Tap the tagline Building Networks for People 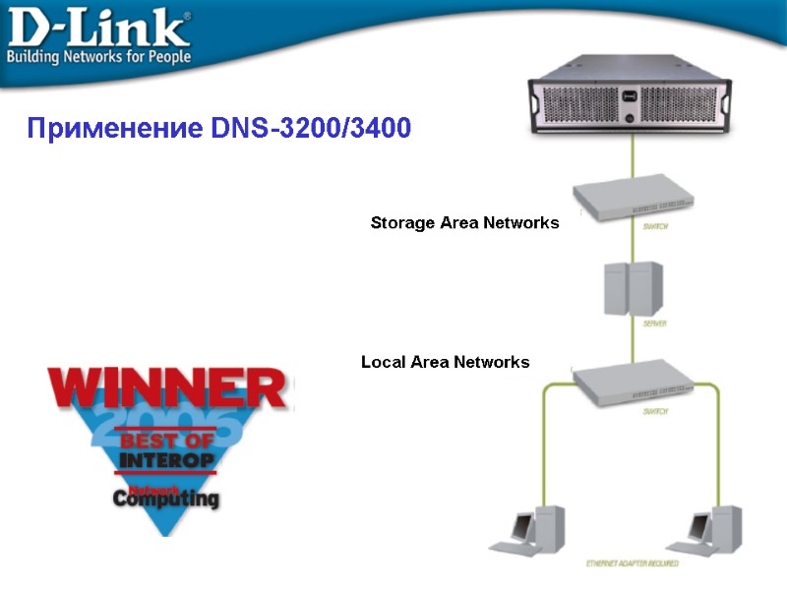coord(99,56)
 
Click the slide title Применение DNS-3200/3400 coord(218,129)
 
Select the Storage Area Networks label coord(464,223)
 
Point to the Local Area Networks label coord(445,363)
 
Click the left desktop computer coord(532,531)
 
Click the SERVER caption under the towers coord(655,324)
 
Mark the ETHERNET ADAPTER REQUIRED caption coord(633,564)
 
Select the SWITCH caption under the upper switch coord(656,227)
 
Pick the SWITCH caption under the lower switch coord(656,412)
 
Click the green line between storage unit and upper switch coord(633,157)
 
